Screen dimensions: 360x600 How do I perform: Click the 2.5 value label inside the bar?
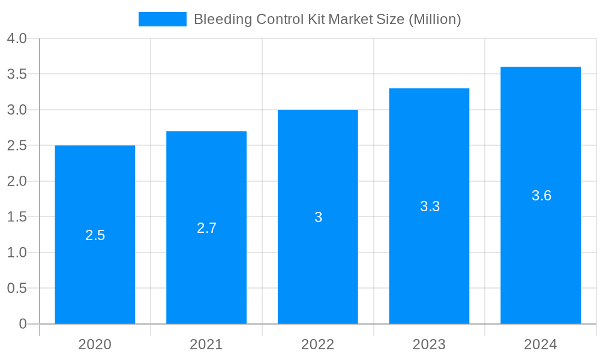95,235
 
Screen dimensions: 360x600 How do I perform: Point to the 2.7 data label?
206,228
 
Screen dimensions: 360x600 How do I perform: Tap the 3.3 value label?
430,206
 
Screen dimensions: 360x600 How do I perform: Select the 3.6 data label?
541,196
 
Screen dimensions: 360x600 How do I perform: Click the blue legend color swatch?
162,19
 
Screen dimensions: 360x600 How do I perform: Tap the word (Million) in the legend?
434,19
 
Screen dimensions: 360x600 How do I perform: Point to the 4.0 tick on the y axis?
17,38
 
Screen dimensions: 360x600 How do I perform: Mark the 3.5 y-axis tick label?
17,74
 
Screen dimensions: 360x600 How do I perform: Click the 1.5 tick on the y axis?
17,217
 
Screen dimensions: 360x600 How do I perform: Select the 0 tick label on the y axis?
23,324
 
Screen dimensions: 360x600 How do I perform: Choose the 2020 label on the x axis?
95,344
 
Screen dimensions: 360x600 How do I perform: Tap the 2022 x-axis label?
318,344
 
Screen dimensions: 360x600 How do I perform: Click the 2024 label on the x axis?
541,344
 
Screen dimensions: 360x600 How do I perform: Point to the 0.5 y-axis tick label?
17,289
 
